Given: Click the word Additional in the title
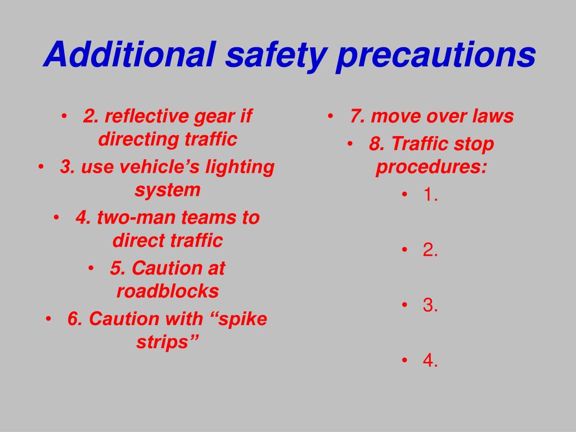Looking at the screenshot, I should point(129,55).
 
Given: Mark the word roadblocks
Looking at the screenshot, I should point(168,291).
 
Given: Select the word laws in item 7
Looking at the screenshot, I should point(493,116).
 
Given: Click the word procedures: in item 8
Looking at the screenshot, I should point(431,167).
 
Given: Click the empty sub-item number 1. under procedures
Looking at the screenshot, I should point(430,195).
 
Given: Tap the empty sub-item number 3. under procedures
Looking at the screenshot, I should point(430,305).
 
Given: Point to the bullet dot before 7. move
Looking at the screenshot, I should point(331,116).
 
